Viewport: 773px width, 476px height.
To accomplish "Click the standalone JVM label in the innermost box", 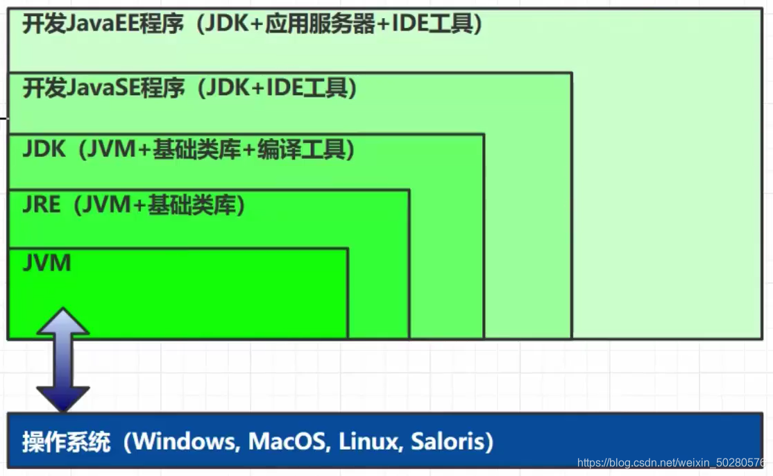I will coord(46,264).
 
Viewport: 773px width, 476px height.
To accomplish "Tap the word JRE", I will coord(41,205).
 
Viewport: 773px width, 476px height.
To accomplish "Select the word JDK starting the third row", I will coord(43,149).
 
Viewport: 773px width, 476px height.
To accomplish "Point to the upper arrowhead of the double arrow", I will coord(63,321).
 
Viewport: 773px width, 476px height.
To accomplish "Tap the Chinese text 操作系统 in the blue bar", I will coord(66,442).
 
